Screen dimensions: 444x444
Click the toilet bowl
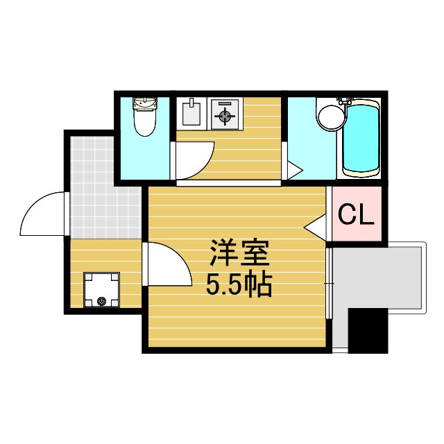(144, 124)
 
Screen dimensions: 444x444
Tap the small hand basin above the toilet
(145, 105)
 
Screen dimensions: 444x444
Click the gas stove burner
(225, 114)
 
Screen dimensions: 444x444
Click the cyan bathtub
(361, 138)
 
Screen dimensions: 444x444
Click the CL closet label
(356, 216)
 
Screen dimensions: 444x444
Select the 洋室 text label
(239, 255)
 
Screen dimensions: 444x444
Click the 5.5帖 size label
(239, 284)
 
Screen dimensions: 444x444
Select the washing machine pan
(101, 290)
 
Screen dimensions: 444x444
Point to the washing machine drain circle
(102, 301)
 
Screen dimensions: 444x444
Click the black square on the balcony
(367, 330)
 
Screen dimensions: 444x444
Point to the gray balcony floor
(378, 277)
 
